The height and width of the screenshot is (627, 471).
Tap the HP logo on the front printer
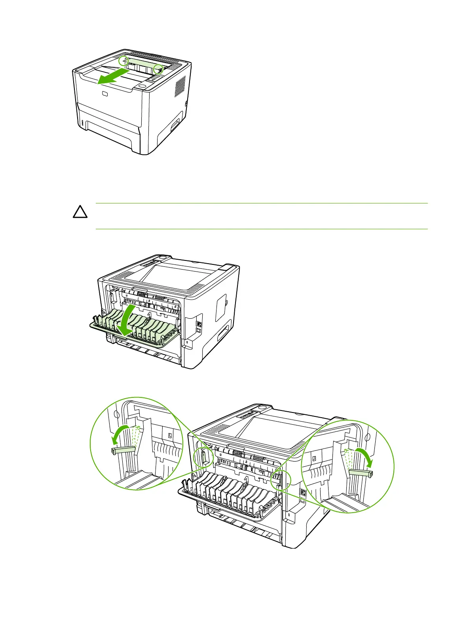104,94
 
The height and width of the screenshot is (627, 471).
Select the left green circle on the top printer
124,61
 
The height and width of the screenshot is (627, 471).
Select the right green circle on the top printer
158,68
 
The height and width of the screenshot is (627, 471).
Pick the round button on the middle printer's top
161,257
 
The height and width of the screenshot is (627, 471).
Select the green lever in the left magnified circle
123,450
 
